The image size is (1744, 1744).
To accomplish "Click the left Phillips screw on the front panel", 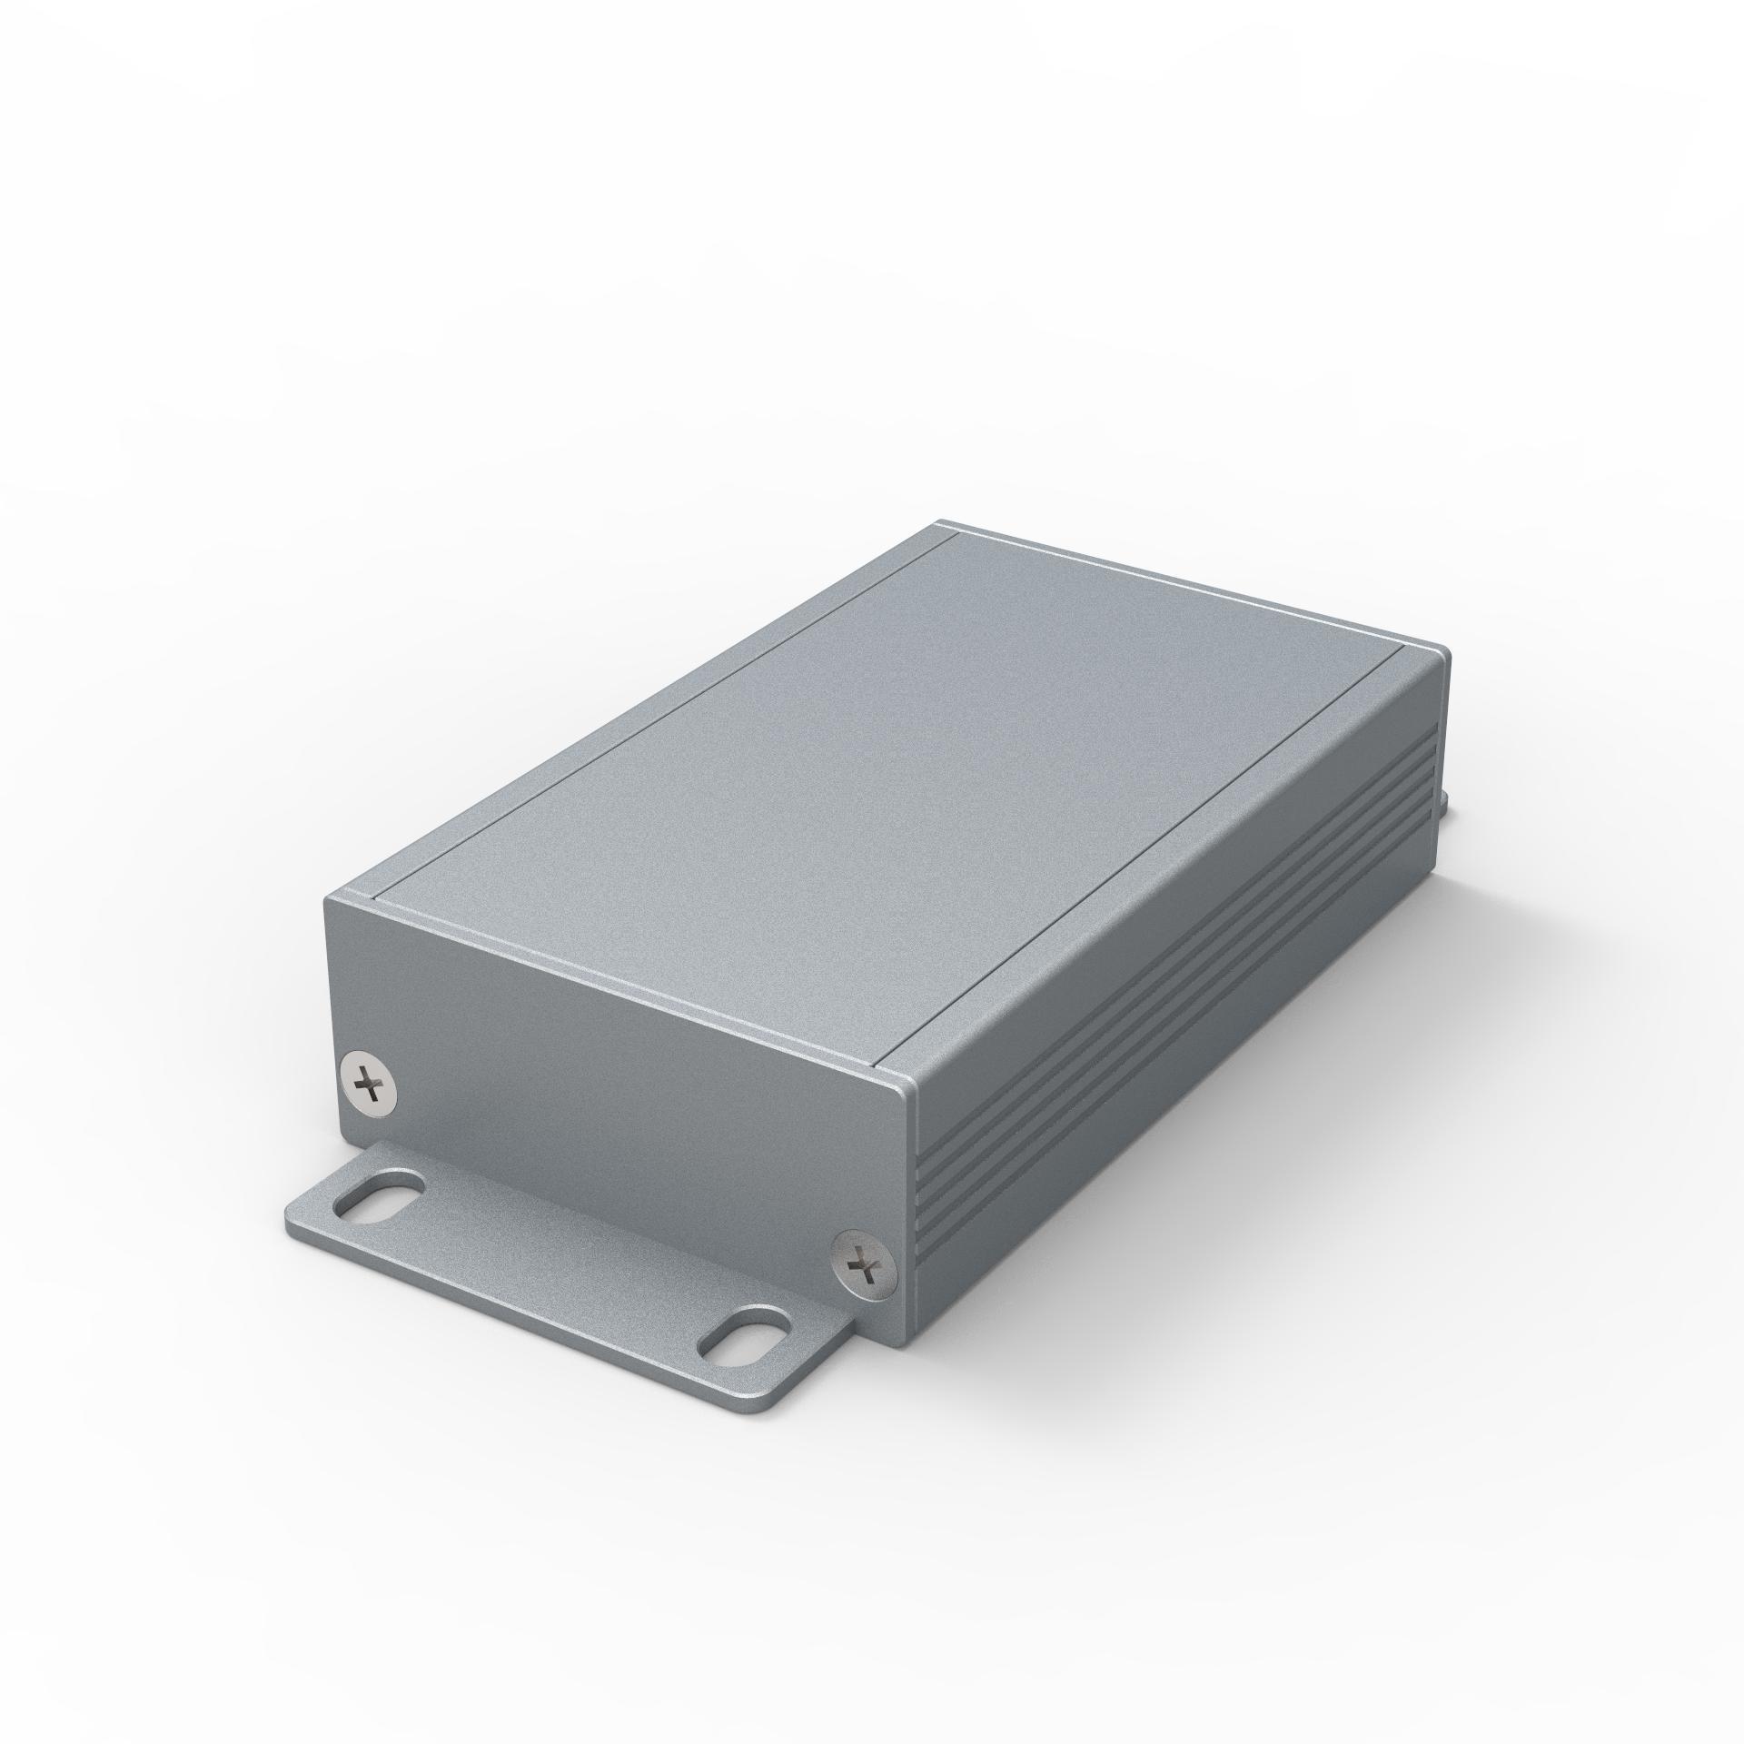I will [372, 1083].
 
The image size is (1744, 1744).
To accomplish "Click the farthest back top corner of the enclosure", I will [940, 524].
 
